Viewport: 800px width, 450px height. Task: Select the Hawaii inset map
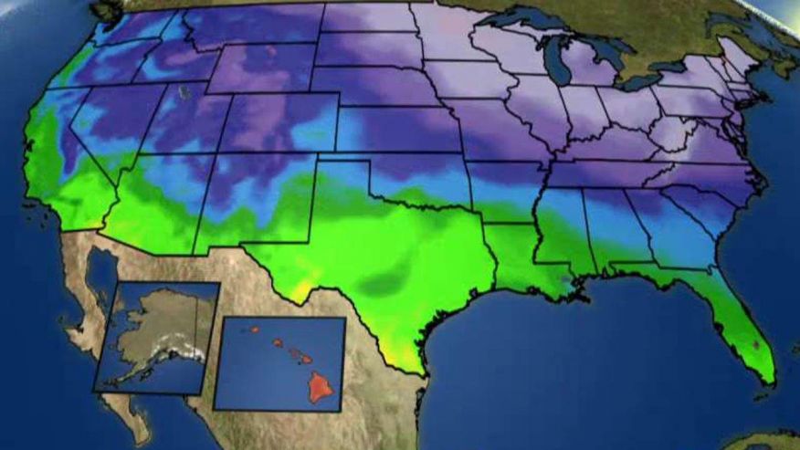pyautogui.click(x=279, y=362)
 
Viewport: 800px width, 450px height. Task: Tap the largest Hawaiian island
pyautogui.click(x=321, y=387)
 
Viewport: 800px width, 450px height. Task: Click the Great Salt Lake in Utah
pyautogui.click(x=186, y=92)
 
